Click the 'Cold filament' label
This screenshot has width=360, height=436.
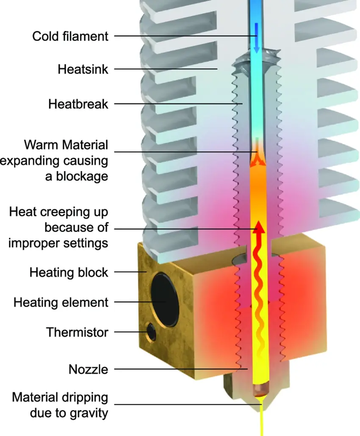point(70,36)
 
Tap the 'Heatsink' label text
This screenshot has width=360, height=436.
point(83,69)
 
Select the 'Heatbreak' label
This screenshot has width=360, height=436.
point(78,104)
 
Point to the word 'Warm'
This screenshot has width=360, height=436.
point(41,145)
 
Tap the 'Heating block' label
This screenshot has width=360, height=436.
point(69,273)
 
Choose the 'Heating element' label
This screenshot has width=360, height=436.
point(61,303)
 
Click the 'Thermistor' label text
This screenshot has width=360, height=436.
point(77,332)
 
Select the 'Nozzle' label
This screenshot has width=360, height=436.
point(88,370)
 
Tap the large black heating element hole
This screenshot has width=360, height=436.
point(165,299)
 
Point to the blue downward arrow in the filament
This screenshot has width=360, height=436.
point(257,38)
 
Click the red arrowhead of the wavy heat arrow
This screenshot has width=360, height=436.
point(259,226)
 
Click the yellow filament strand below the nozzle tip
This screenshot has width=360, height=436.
point(262,420)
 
